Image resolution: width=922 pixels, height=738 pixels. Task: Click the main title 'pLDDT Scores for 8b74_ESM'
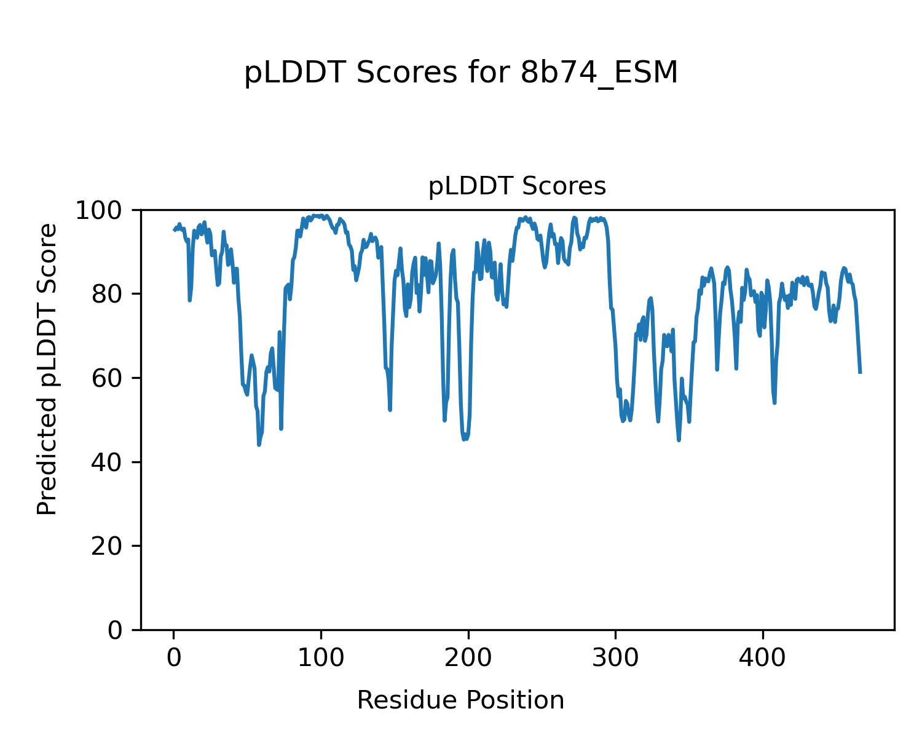(461, 73)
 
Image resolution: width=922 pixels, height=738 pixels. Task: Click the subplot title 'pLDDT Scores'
(517, 186)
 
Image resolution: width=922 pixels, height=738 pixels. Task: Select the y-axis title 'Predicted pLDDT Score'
(47, 369)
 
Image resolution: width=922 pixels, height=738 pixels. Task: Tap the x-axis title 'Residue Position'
(460, 700)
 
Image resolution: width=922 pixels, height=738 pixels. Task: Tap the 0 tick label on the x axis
(174, 658)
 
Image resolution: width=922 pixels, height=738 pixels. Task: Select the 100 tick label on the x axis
(321, 658)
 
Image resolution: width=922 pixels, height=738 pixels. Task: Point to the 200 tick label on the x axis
(468, 658)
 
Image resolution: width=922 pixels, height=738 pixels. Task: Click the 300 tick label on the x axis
(615, 658)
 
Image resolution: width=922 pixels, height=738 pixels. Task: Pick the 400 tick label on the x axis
(762, 658)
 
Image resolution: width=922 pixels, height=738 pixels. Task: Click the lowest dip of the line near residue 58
(259, 445)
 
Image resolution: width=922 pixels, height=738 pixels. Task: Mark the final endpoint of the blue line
(860, 373)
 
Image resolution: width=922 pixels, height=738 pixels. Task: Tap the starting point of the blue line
(174, 231)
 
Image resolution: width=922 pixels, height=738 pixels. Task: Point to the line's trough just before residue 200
(464, 439)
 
